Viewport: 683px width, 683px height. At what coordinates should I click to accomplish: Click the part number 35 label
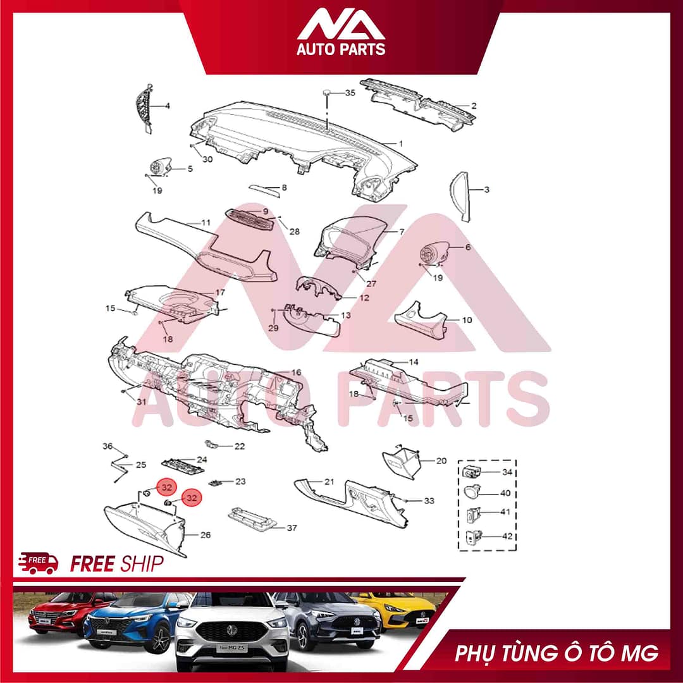click(350, 93)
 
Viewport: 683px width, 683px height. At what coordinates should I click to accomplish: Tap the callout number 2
click(474, 106)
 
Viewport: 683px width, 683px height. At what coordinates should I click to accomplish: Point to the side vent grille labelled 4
click(145, 107)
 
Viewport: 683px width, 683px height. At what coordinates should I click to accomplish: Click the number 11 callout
click(206, 223)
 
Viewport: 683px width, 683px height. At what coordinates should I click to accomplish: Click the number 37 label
click(292, 527)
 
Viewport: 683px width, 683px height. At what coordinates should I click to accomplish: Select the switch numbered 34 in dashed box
click(472, 471)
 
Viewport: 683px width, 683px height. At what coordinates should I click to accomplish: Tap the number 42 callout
click(507, 536)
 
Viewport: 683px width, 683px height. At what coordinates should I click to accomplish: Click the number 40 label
click(505, 493)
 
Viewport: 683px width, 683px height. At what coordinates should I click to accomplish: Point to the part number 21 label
click(329, 482)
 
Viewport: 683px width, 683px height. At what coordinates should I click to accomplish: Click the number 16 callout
click(296, 372)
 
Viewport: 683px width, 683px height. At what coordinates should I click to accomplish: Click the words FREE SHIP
click(117, 563)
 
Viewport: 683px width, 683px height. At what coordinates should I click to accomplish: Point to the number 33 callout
click(429, 501)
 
